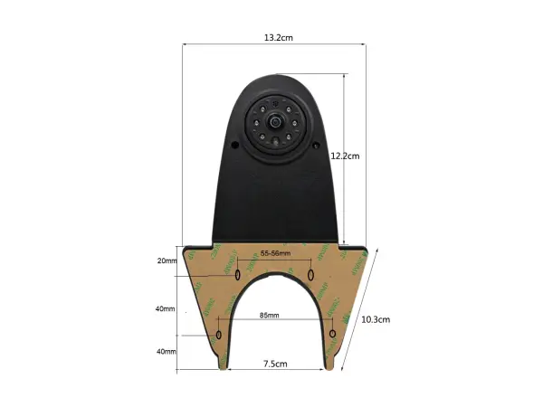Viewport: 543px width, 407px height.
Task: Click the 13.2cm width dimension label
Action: (x=278, y=38)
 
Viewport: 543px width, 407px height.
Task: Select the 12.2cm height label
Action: (x=345, y=156)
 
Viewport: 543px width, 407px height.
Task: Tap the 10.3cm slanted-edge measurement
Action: (x=375, y=318)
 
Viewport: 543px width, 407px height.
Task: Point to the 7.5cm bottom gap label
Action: (x=275, y=364)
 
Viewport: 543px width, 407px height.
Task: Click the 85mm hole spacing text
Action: (x=269, y=316)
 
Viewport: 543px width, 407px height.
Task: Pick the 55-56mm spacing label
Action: (x=274, y=254)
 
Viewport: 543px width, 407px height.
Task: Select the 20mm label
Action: (x=167, y=260)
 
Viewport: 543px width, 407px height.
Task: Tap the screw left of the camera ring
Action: (x=234, y=144)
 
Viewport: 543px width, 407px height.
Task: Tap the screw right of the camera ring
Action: (x=315, y=144)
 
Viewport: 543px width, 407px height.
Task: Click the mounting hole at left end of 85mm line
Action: (x=218, y=335)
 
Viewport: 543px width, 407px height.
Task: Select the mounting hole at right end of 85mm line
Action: (x=333, y=335)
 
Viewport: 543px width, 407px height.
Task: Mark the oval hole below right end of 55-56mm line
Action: (x=310, y=273)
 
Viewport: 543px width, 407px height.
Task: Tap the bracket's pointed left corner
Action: (x=184, y=249)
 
